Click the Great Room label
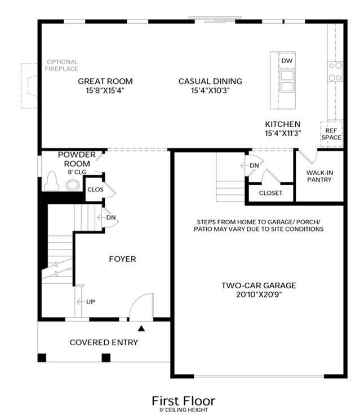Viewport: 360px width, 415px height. [x=105, y=81]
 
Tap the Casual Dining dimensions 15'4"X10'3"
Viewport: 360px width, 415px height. [x=210, y=91]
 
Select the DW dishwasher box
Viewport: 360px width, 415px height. [x=287, y=61]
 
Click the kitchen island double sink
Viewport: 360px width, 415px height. [x=287, y=81]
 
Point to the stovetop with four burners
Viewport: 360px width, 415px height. [x=335, y=72]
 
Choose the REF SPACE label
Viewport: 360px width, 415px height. [x=331, y=134]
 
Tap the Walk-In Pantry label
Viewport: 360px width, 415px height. [x=319, y=176]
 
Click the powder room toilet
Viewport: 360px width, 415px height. [x=52, y=181]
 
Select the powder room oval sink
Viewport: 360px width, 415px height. [x=73, y=185]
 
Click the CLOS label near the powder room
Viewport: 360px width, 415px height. [x=95, y=190]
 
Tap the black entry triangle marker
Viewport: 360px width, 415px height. [x=141, y=328]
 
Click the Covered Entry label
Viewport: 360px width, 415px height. [x=104, y=342]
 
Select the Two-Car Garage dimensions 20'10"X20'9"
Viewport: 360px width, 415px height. [x=259, y=294]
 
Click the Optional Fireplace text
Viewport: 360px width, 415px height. [x=62, y=65]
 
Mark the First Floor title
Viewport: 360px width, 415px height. [x=184, y=401]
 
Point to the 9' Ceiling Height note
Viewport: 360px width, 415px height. [x=184, y=410]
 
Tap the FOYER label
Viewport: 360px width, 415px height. [x=123, y=259]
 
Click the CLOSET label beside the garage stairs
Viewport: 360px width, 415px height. [x=270, y=193]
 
